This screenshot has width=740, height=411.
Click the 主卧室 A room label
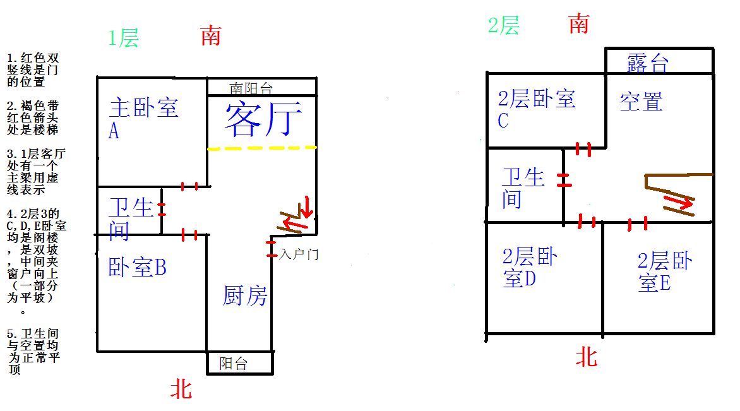[x=143, y=119]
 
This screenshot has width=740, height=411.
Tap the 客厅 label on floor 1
[x=263, y=119]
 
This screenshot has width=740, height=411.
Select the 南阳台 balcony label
[x=251, y=88]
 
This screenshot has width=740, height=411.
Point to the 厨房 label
[x=245, y=296]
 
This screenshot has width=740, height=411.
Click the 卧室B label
[x=138, y=267]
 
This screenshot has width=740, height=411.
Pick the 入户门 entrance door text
[x=299, y=255]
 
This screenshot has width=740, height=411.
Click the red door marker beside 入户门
[x=271, y=249]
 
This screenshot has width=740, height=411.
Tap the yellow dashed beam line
[x=262, y=148]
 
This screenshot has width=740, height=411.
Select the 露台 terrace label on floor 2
[x=648, y=63]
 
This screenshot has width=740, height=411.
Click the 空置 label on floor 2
[x=642, y=102]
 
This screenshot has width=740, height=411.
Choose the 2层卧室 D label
[x=530, y=268]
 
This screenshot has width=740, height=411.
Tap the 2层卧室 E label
[x=665, y=272]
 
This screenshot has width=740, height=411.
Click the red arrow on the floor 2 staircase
[x=677, y=201]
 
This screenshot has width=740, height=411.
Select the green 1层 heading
[x=123, y=38]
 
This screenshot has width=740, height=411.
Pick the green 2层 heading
[x=504, y=25]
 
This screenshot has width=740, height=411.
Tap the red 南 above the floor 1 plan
[x=210, y=36]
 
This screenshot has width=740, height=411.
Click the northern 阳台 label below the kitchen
[x=233, y=364]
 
